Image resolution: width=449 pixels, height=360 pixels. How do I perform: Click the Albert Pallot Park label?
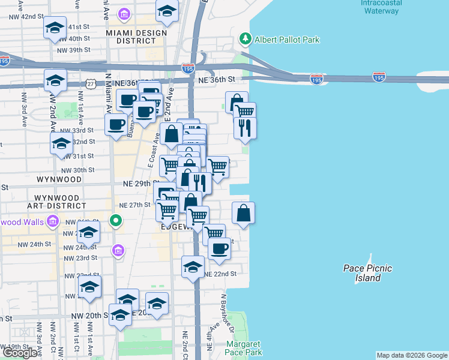point(287,40)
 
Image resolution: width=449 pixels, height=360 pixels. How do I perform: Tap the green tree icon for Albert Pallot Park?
point(245,40)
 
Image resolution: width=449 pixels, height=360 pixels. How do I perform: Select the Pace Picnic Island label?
point(367,273)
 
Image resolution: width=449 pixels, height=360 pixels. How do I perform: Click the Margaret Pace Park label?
point(244,349)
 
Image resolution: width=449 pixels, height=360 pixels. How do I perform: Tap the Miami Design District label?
point(131,37)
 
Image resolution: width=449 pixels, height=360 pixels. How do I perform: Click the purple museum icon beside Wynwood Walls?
point(53,223)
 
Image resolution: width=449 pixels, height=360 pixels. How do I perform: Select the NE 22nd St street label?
point(221,274)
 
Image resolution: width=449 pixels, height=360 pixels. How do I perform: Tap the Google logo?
point(20,353)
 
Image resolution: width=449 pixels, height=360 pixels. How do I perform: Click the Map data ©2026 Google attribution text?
point(412,355)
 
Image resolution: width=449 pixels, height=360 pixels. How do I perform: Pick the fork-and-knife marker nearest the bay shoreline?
point(244,128)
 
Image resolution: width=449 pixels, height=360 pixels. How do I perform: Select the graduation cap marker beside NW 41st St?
point(55,28)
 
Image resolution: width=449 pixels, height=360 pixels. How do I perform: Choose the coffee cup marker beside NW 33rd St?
point(116,125)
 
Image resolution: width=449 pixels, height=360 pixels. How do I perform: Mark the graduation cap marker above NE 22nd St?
point(193,266)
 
